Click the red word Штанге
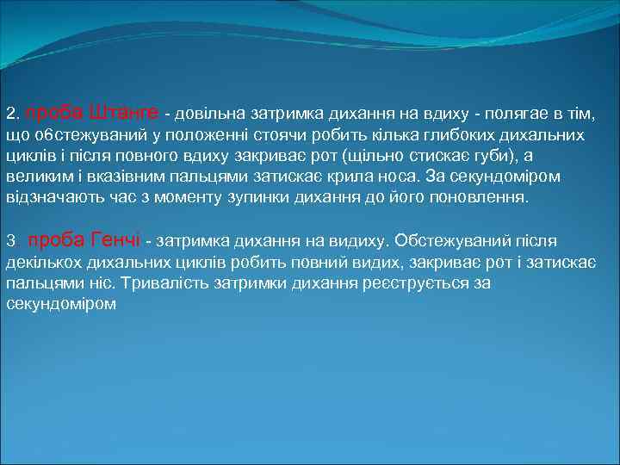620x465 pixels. pyautogui.click(x=123, y=113)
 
